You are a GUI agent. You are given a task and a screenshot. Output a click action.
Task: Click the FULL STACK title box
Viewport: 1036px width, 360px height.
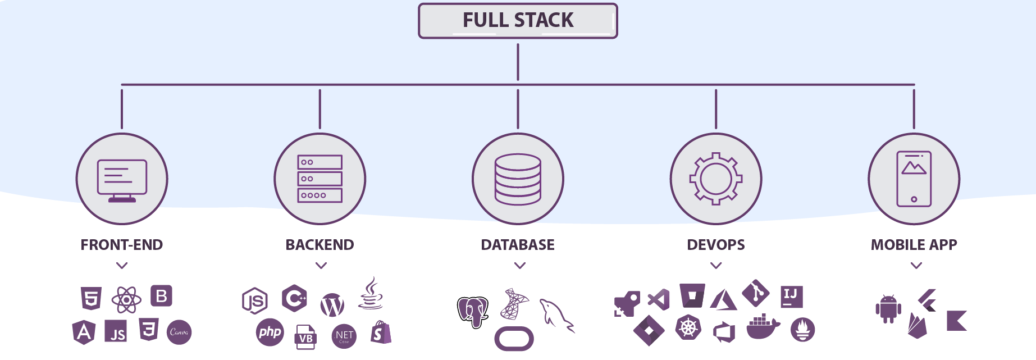click(518, 21)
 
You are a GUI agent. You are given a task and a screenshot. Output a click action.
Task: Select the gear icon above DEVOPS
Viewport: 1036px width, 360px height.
click(716, 179)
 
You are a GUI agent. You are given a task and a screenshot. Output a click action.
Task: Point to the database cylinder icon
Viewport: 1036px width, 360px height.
click(518, 179)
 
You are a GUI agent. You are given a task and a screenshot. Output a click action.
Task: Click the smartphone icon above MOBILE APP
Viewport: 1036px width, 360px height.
click(914, 179)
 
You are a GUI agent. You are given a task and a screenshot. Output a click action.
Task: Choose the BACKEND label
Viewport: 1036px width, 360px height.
click(320, 245)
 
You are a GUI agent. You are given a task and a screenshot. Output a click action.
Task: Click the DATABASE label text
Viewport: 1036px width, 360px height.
click(518, 245)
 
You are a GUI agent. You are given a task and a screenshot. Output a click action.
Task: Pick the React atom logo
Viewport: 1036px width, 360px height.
click(126, 300)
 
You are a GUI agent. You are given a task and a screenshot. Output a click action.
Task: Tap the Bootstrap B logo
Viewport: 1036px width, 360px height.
click(161, 296)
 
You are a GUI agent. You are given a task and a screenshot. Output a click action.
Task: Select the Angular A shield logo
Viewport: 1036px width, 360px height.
click(84, 332)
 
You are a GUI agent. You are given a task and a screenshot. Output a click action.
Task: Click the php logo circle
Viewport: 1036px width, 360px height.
click(270, 332)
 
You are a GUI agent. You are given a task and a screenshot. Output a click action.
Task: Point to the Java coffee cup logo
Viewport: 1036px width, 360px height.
click(370, 294)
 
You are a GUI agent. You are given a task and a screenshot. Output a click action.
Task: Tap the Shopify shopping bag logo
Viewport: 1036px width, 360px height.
click(380, 332)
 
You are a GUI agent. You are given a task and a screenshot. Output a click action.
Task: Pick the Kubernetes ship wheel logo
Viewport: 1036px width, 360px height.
click(688, 327)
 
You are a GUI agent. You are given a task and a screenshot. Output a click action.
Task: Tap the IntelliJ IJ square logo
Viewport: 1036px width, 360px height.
click(791, 297)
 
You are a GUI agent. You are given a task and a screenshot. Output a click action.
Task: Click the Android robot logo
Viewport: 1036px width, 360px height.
click(888, 309)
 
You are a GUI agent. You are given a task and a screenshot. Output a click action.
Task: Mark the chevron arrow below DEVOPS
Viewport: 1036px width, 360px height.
click(716, 266)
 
